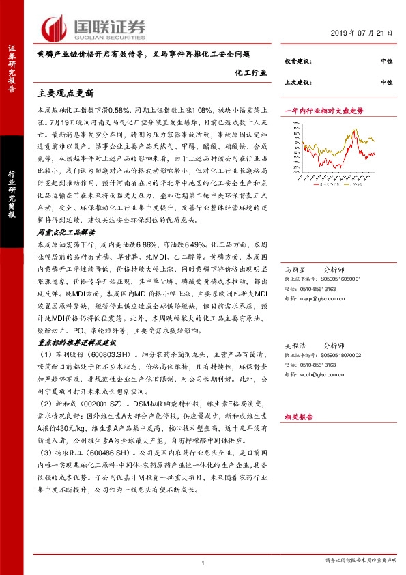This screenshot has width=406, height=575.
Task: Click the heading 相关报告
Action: [x=298, y=416]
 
